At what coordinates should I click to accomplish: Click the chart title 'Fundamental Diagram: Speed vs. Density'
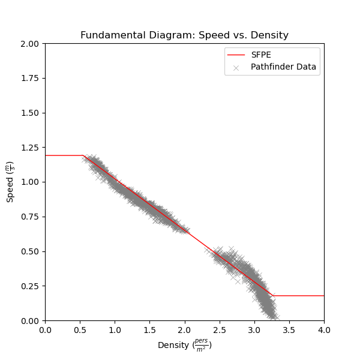click(184, 35)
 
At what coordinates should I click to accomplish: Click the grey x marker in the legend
click(236, 67)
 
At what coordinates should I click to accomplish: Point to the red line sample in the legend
click(236, 55)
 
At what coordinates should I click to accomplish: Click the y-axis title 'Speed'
click(10, 182)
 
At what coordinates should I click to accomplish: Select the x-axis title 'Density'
click(184, 346)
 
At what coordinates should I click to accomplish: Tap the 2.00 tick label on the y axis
click(29, 44)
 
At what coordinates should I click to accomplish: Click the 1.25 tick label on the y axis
click(29, 148)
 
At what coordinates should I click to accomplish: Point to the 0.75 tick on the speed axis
click(29, 217)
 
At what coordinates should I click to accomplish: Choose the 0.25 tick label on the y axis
click(29, 286)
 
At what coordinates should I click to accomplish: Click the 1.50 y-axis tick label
click(29, 113)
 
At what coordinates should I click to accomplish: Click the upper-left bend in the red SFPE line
click(83, 155)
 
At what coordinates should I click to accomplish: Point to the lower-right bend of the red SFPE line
click(273, 296)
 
